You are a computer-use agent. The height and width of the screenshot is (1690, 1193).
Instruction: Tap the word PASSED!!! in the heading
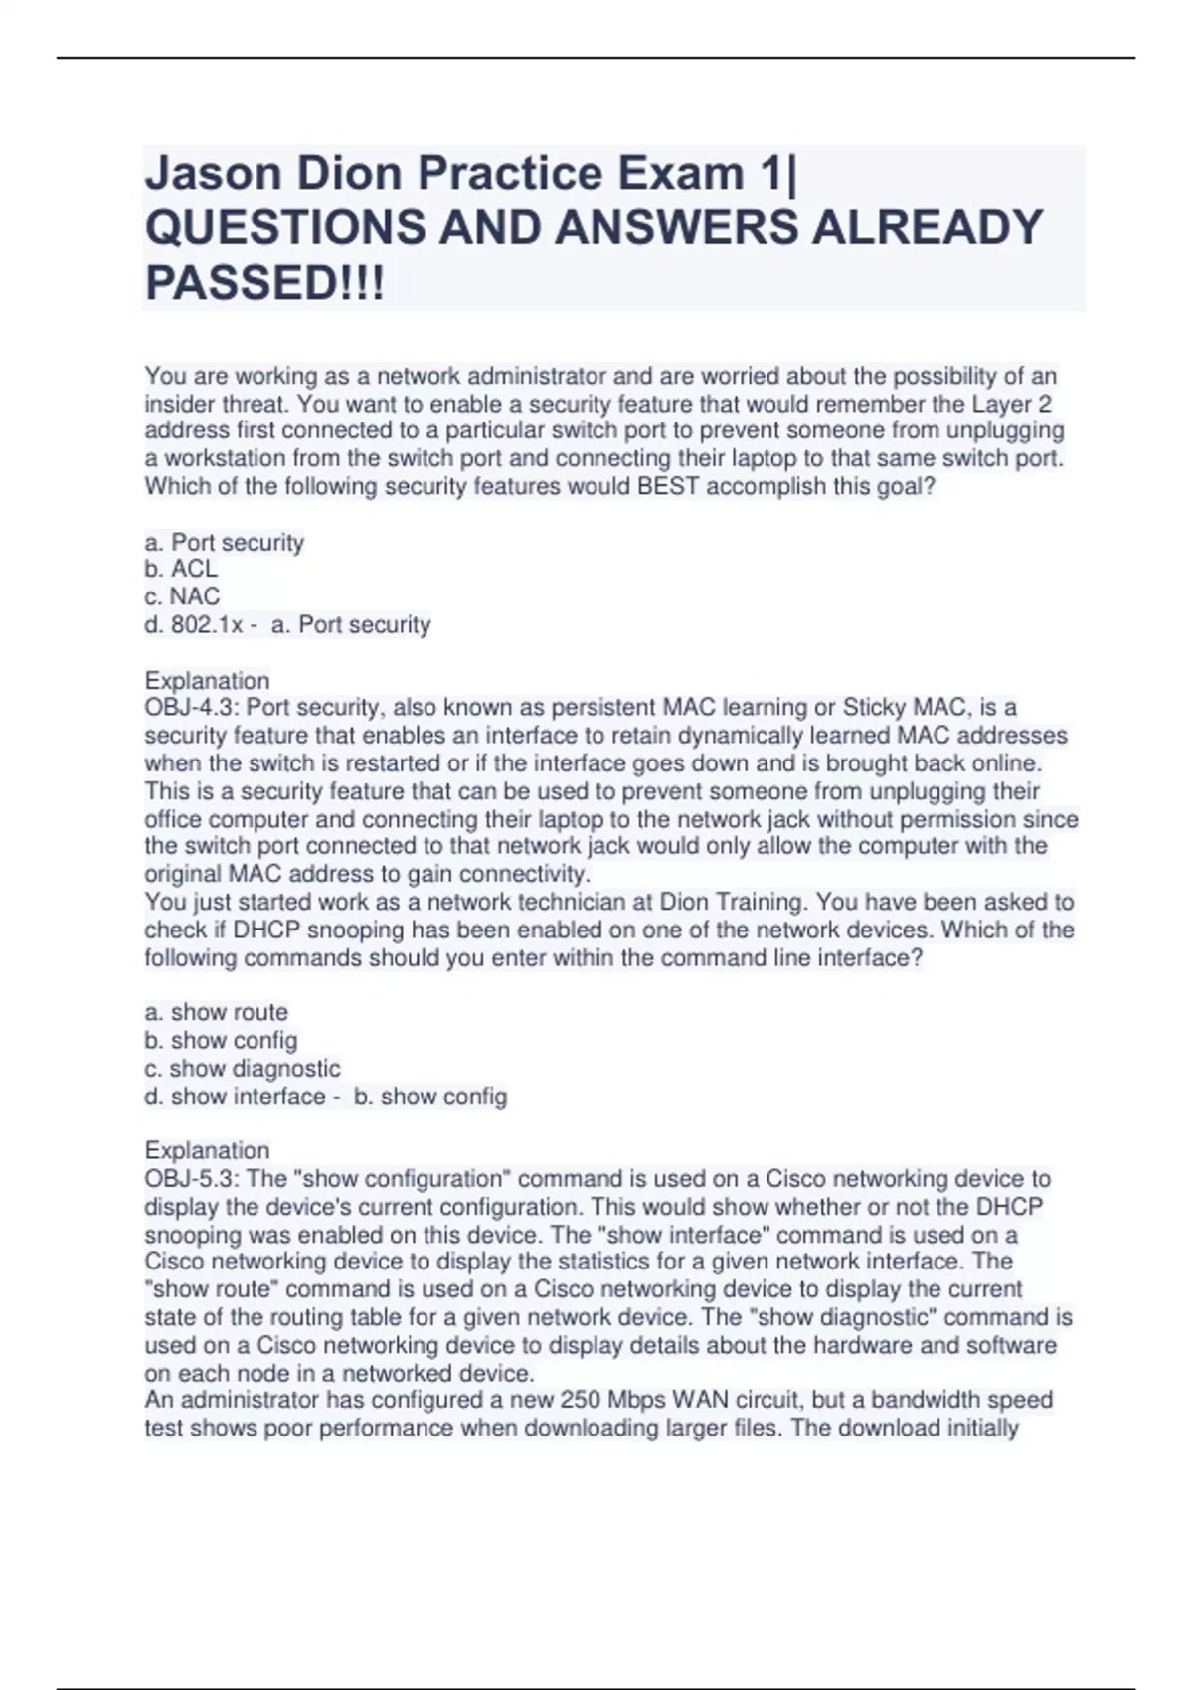pos(264,284)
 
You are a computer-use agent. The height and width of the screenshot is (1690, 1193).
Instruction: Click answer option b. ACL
pos(181,569)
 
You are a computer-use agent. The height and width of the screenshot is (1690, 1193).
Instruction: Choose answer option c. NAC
pos(182,596)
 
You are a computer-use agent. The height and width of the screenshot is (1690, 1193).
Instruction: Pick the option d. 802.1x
pos(194,625)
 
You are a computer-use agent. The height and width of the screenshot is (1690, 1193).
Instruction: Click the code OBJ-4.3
pos(191,708)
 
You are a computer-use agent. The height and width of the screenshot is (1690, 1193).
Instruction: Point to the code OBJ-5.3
pos(191,1179)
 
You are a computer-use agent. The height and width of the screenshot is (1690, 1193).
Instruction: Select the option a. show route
pos(217,1012)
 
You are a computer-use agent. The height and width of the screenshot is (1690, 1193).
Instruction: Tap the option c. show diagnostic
pos(243,1069)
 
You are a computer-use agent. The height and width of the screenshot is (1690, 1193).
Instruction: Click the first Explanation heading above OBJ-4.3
pos(207,681)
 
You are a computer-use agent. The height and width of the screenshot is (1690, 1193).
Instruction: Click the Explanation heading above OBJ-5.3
pos(207,1151)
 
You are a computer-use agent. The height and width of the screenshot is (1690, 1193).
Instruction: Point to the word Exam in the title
pos(680,174)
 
